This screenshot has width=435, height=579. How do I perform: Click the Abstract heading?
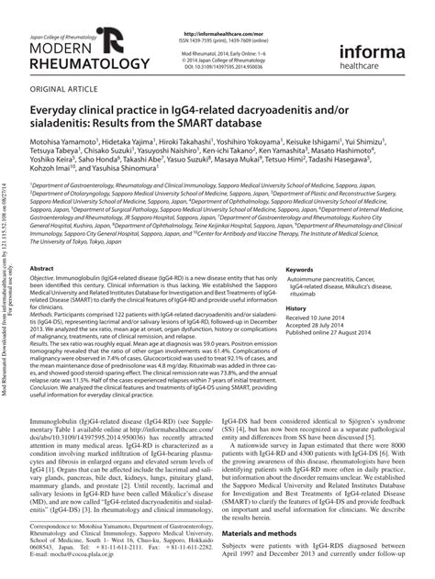click(47, 266)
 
